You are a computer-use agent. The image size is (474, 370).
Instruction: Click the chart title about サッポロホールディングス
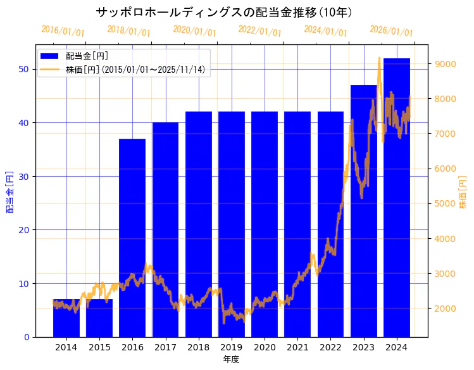224,12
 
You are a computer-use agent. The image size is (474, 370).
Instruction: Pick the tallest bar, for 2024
397,197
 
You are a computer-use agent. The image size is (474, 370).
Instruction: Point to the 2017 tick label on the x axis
165,347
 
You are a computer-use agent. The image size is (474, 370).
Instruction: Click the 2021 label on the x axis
297,347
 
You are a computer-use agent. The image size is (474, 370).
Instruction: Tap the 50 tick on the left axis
23,69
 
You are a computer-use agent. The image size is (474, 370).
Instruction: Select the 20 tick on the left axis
23,230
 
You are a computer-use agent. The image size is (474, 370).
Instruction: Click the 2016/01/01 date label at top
63,31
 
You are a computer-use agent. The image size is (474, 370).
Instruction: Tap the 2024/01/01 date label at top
325,31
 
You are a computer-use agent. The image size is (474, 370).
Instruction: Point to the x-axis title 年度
231,359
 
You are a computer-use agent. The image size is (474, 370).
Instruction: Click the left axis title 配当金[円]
9,191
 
